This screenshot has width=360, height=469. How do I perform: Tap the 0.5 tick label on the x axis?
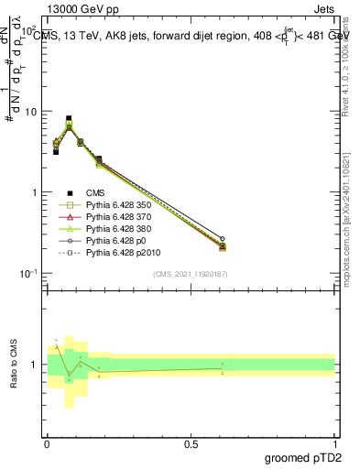[191, 444]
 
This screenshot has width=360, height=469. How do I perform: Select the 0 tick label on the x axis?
[47, 444]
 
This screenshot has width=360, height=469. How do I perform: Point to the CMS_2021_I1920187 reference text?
[190, 275]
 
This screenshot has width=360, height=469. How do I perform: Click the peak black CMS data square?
[69, 118]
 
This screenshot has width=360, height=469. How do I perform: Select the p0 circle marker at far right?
[222, 238]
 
